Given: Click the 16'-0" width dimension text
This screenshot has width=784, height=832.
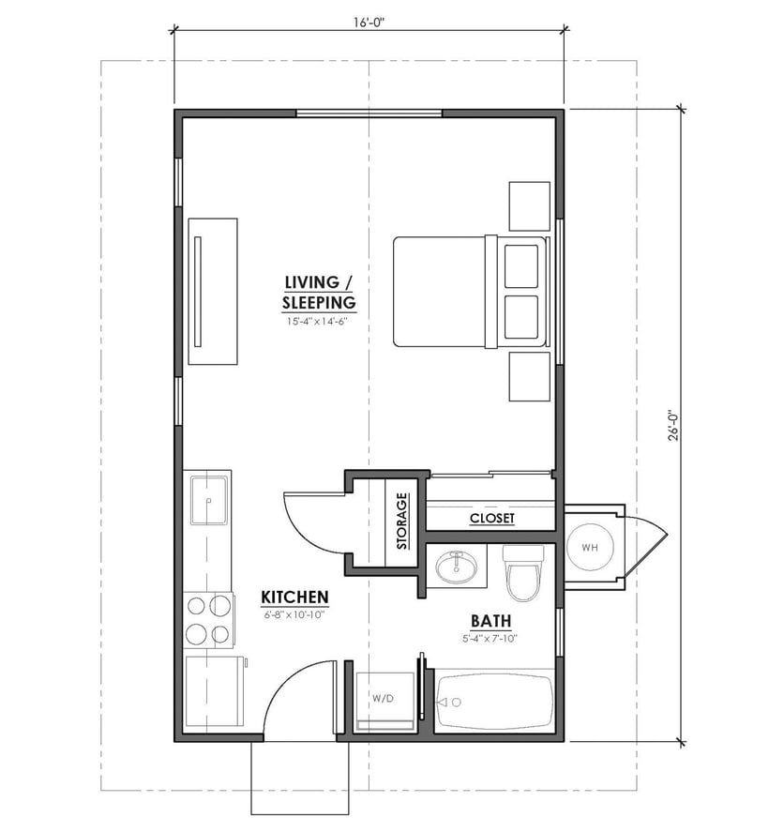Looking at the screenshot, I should pyautogui.click(x=368, y=21).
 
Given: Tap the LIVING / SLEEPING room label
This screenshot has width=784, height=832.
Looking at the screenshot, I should pyautogui.click(x=320, y=292).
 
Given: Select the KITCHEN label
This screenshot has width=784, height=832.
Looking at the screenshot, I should pyautogui.click(x=294, y=597).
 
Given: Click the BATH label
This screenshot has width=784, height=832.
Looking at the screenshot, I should pyautogui.click(x=490, y=620).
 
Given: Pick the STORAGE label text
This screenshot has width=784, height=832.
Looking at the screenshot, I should pyautogui.click(x=401, y=521).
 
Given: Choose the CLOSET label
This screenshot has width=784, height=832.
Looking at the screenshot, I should pyautogui.click(x=491, y=518).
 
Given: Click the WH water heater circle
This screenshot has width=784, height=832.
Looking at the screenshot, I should pyautogui.click(x=590, y=547).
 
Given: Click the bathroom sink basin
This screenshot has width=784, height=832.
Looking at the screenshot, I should pyautogui.click(x=457, y=567).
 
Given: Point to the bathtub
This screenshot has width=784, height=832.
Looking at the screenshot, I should pyautogui.click(x=495, y=701).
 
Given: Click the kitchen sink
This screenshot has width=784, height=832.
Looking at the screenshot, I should pyautogui.click(x=209, y=500).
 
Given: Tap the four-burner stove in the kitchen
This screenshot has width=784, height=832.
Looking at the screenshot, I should pyautogui.click(x=208, y=619).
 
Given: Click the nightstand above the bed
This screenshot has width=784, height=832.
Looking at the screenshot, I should pyautogui.click(x=529, y=205).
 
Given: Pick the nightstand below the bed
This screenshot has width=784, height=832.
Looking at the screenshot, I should pyautogui.click(x=529, y=377).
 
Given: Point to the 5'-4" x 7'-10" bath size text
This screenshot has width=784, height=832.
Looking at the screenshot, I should pyautogui.click(x=488, y=639).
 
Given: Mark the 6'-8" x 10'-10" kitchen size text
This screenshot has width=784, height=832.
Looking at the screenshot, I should pyautogui.click(x=294, y=615).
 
